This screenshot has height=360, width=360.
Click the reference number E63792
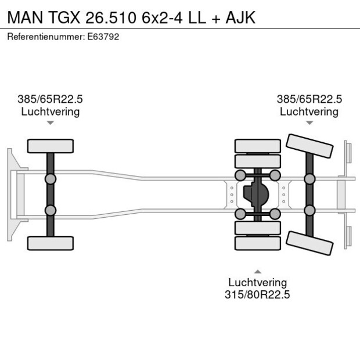[103, 37]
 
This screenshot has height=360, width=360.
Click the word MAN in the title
[25, 17]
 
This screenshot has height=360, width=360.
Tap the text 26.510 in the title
[111, 17]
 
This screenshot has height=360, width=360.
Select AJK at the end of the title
[240, 17]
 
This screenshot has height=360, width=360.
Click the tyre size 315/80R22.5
[257, 294]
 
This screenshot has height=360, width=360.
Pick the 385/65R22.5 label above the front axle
[50, 99]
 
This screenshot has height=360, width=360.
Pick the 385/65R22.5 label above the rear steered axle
[309, 99]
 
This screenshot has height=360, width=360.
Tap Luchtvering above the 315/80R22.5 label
[258, 282]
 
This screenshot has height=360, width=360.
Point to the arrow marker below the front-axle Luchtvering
[51, 123]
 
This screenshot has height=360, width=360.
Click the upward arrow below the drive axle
[258, 272]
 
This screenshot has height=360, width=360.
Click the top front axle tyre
[51, 146]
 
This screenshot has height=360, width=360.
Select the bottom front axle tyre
[51, 243]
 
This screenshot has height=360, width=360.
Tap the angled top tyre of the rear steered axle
[309, 146]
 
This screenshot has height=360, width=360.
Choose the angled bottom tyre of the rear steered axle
[309, 243]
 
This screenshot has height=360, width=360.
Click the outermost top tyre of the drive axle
[258, 146]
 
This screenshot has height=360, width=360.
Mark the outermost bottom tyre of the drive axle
[258, 243]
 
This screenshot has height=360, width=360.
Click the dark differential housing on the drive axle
[255, 195]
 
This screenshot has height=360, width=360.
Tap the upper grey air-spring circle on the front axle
[51, 179]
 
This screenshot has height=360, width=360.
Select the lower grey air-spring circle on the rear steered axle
[309, 210]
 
